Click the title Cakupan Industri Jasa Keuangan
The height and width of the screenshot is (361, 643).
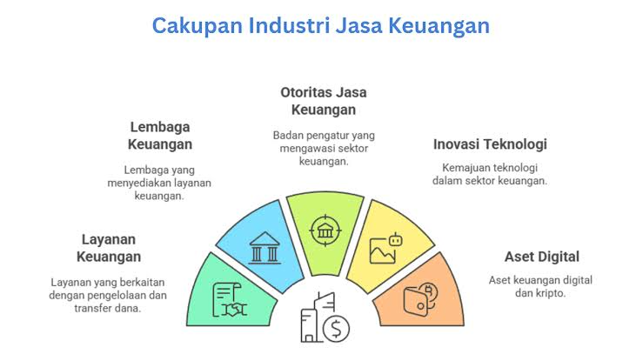[x=321, y=25]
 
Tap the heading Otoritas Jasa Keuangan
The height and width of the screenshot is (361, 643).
[x=324, y=101]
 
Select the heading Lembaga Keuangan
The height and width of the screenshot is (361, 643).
[x=160, y=136]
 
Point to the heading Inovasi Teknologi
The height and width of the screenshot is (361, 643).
[x=490, y=144]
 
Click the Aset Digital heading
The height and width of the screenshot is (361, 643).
[x=542, y=257]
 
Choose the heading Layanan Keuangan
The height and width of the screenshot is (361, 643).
[x=109, y=248]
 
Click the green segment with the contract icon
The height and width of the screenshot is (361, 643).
[x=231, y=291]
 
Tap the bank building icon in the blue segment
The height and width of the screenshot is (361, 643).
[x=265, y=248]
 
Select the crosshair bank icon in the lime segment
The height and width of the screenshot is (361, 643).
[x=325, y=231]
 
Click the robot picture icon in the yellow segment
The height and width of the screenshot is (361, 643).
[x=385, y=248]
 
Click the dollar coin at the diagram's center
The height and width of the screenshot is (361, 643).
[x=336, y=329]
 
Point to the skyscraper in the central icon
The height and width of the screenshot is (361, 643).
[x=318, y=318]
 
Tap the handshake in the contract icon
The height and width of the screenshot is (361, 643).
[x=234, y=310]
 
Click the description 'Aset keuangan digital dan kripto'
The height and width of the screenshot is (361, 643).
[x=540, y=287]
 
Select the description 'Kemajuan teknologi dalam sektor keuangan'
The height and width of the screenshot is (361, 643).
[x=490, y=174]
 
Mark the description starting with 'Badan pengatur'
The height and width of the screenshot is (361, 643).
[x=324, y=149]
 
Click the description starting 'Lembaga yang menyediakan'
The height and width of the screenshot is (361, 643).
[x=159, y=183]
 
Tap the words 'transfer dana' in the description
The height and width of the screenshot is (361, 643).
[x=108, y=308]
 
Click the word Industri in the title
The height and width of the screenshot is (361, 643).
[x=290, y=25]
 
